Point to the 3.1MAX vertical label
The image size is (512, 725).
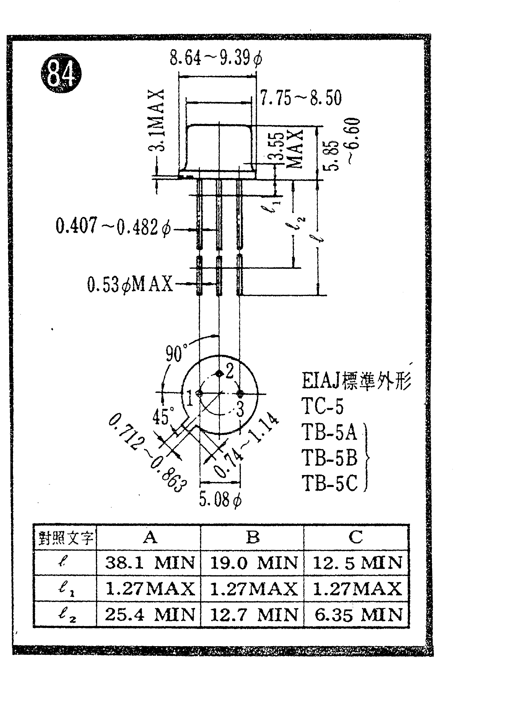[157, 120]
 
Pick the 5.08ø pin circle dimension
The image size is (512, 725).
[220, 500]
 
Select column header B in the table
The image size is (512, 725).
[252, 537]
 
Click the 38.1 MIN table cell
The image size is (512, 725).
[150, 563]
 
